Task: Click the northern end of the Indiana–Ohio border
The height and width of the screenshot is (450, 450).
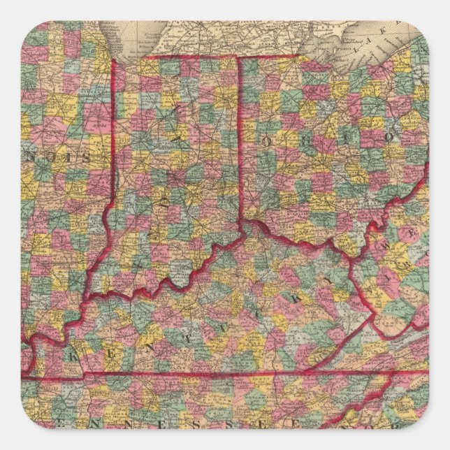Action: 240,57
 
